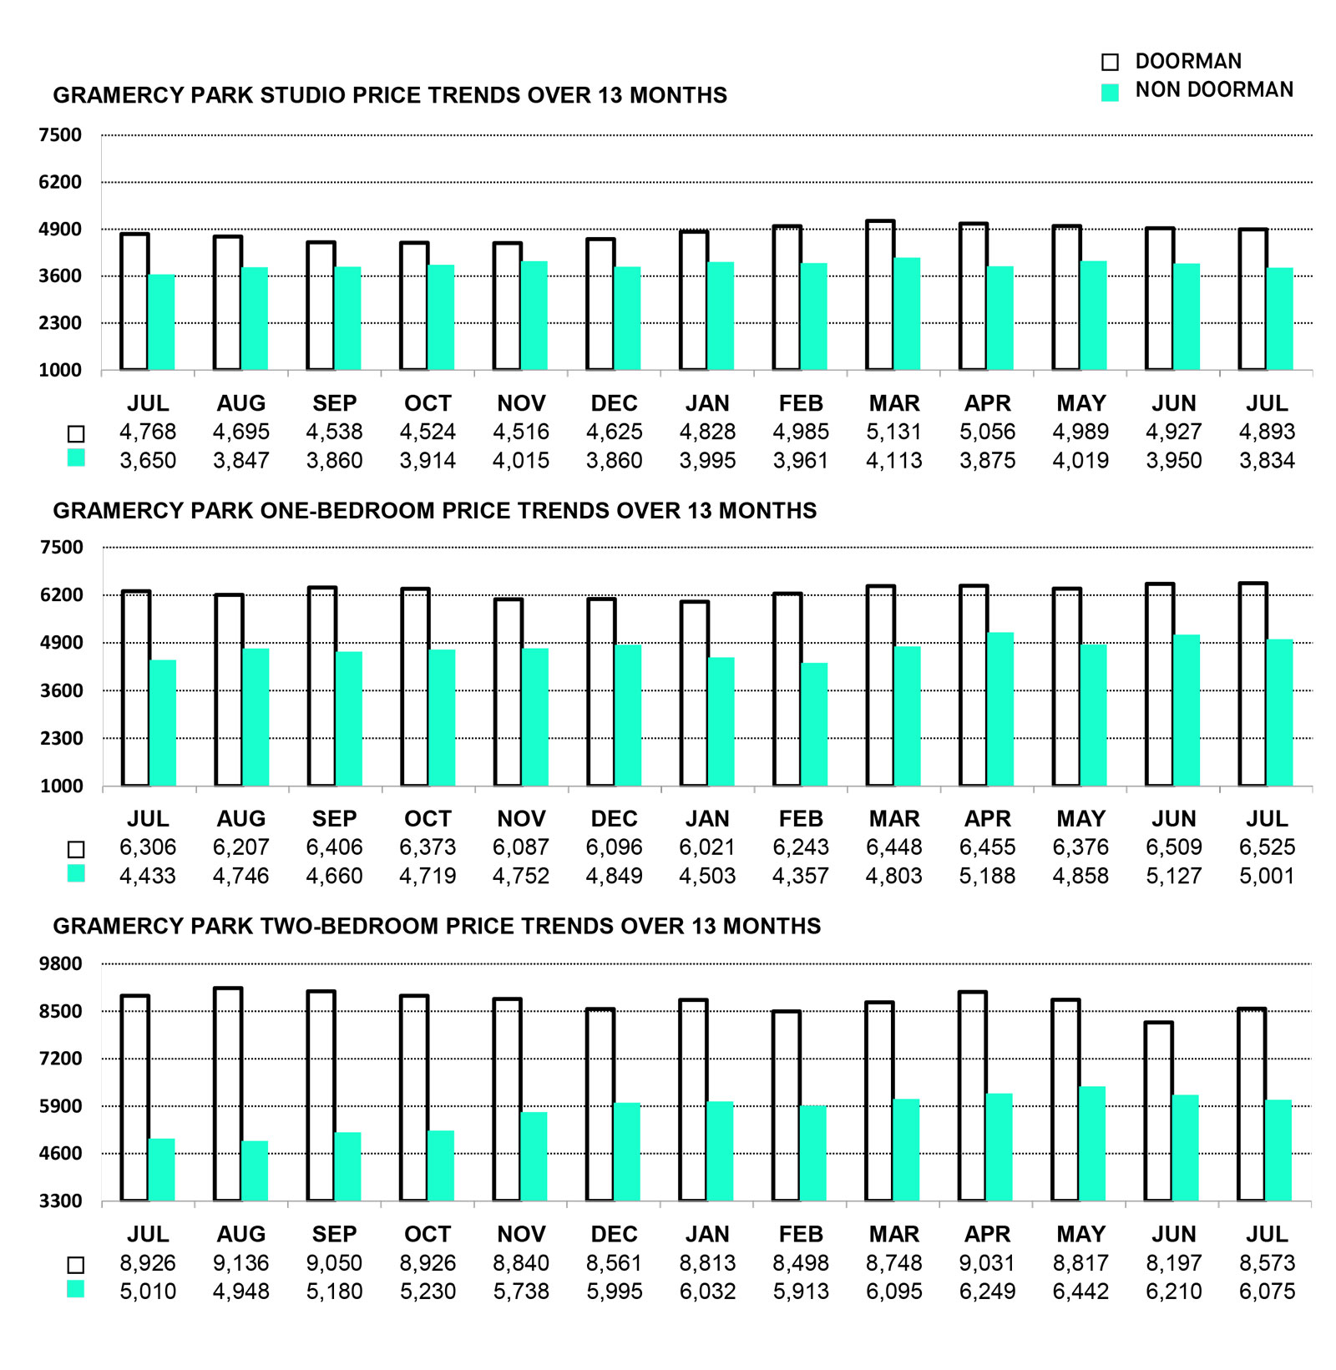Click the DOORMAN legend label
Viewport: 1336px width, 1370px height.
(x=1187, y=61)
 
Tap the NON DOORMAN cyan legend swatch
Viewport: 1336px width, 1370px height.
(x=1110, y=92)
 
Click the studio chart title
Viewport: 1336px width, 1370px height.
(x=390, y=95)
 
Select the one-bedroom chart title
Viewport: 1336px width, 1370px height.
(x=434, y=511)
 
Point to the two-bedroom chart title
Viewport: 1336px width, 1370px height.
(x=437, y=926)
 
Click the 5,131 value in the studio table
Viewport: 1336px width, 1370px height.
(x=893, y=432)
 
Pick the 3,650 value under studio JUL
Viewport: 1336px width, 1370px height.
(x=148, y=460)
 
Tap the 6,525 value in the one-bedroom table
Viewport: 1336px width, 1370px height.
(x=1267, y=847)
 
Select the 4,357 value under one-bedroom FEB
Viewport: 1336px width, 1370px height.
(x=801, y=876)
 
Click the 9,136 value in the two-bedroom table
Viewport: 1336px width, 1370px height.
(x=241, y=1263)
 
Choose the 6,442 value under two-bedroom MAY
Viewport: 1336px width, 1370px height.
(x=1080, y=1292)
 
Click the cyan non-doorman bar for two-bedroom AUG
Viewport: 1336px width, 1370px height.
(x=255, y=1170)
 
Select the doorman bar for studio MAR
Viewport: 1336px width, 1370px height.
(x=880, y=295)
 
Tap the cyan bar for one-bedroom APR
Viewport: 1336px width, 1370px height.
(x=1000, y=709)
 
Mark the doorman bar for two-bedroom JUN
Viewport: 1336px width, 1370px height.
(x=1158, y=1111)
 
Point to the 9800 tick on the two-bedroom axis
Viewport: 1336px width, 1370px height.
(x=60, y=963)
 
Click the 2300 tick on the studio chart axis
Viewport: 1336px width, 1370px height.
(x=60, y=323)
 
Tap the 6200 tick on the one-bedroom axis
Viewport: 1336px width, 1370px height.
(x=61, y=595)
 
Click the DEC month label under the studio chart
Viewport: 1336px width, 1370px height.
(x=614, y=403)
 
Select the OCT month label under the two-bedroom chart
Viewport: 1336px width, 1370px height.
(x=428, y=1234)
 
